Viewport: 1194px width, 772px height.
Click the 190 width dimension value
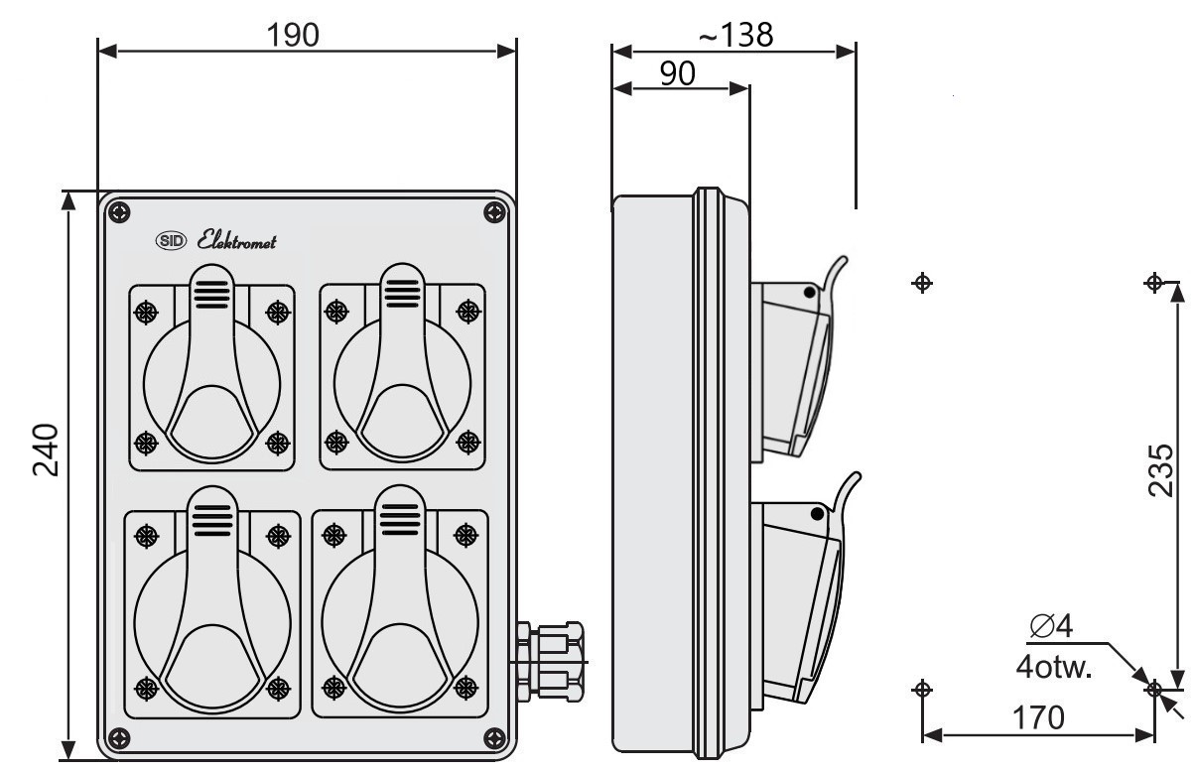tap(293, 35)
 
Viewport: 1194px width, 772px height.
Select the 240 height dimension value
tap(46, 450)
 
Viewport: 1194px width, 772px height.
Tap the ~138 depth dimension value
tap(735, 35)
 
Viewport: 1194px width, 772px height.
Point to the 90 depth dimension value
tap(678, 73)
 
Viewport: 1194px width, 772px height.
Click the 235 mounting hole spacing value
tap(1161, 470)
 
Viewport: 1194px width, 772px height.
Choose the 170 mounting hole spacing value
tap(1038, 717)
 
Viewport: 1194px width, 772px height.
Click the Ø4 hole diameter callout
tap(1052, 625)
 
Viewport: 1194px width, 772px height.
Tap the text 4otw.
tap(1054, 667)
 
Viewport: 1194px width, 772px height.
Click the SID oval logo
tap(171, 241)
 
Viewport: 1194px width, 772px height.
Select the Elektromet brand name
tap(236, 241)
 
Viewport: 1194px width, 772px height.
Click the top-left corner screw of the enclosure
tap(119, 213)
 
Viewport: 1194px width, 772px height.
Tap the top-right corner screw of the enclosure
tap(494, 213)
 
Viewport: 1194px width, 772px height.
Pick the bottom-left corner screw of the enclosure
tap(119, 738)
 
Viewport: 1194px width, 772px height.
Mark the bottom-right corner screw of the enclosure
tap(494, 738)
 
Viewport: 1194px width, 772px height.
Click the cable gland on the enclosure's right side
tap(550, 661)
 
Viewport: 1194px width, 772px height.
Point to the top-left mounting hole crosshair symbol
tap(922, 283)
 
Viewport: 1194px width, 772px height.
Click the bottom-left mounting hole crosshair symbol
tap(922, 689)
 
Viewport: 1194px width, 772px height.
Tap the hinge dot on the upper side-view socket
tap(809, 292)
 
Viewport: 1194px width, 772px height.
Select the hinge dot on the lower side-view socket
tap(817, 514)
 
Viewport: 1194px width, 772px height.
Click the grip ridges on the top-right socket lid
tap(402, 294)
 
